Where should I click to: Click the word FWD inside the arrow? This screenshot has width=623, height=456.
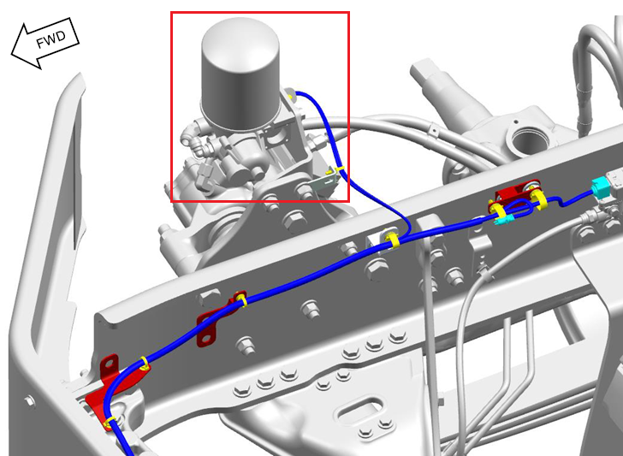pos(50,39)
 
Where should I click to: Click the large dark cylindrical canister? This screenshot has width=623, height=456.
pos(240,74)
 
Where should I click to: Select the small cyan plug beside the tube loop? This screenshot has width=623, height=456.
pos(501,220)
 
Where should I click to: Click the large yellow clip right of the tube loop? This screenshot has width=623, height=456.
pos(539,199)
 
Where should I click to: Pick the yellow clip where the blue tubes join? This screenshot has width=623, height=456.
pos(393,240)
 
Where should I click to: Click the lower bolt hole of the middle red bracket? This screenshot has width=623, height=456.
pos(206,339)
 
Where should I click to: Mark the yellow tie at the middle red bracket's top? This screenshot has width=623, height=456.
pos(240,299)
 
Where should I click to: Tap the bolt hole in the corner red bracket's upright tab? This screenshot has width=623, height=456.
pos(109,363)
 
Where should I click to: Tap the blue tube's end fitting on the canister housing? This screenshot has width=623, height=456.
pos(290,94)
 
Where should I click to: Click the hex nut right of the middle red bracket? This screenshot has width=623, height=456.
pos(311,308)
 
